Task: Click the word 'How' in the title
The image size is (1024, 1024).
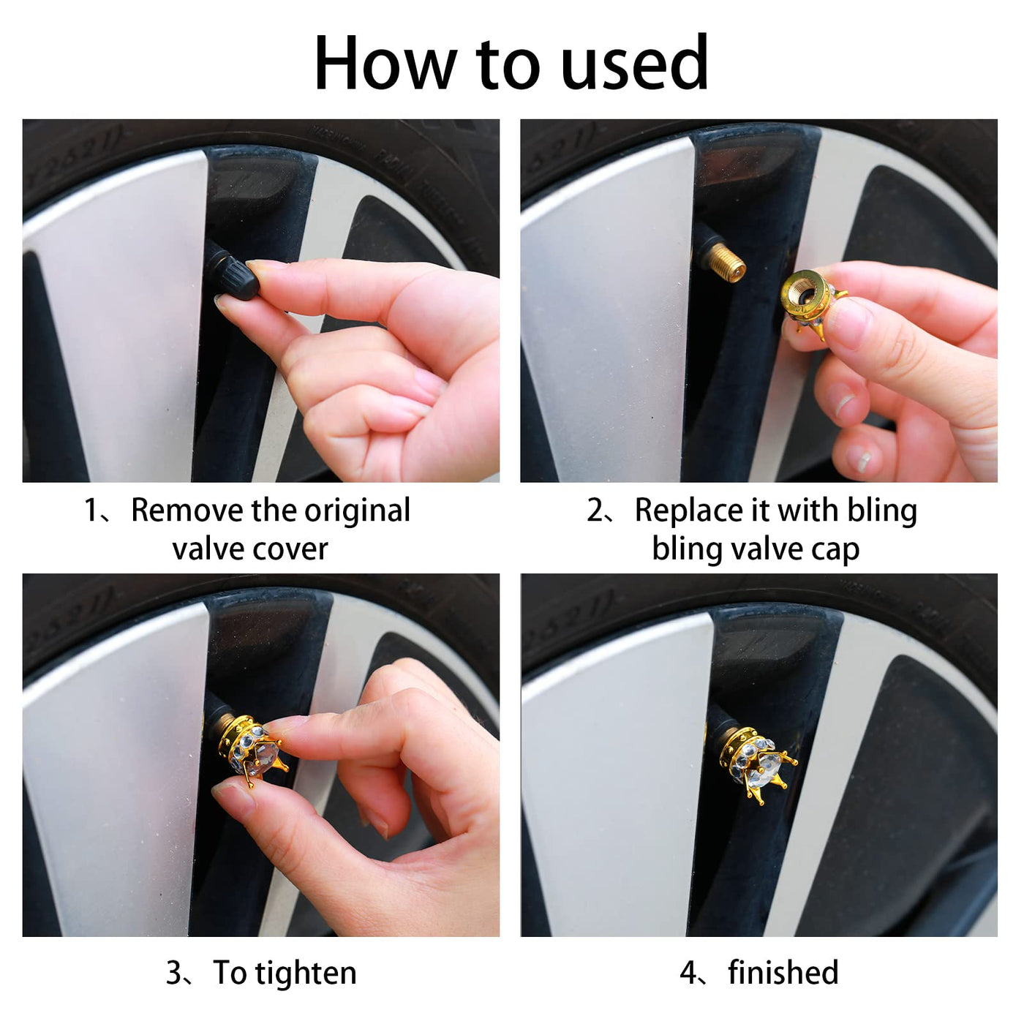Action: pos(385,64)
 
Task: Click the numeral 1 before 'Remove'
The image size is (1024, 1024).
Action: pos(91,511)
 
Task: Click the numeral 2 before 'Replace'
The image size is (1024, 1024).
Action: pos(595,511)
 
